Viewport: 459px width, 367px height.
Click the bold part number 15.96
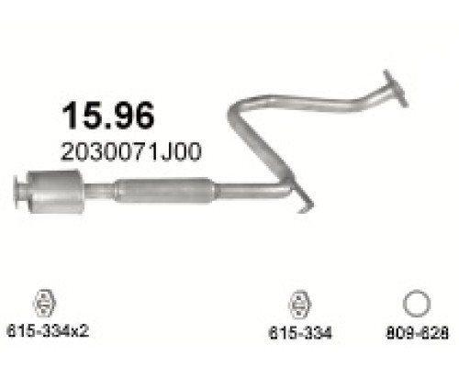pos(108,115)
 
